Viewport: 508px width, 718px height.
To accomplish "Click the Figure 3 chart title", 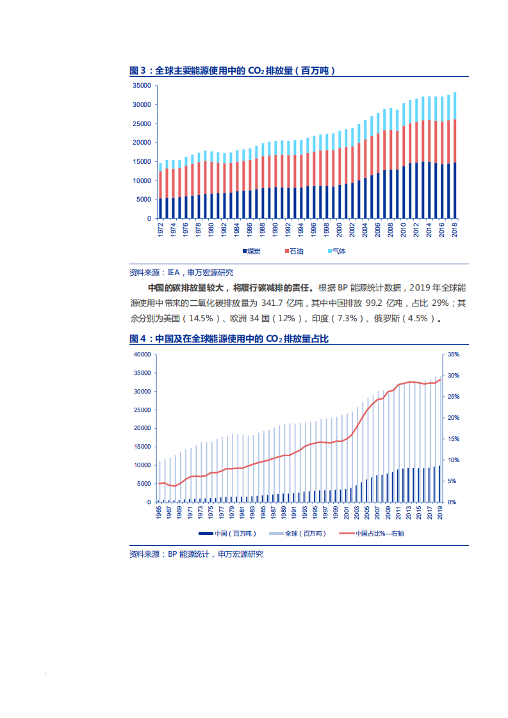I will tap(233, 70).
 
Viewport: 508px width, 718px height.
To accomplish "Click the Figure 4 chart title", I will tap(229, 339).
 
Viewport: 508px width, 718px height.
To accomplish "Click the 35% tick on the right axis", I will tap(453, 355).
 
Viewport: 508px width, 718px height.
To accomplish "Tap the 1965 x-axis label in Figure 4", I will tap(158, 514).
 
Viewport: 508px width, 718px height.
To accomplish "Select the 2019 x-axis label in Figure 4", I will tap(439, 514).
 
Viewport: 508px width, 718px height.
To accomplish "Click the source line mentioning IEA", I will tap(181, 272).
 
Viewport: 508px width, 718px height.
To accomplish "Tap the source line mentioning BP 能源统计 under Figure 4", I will tap(196, 554).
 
